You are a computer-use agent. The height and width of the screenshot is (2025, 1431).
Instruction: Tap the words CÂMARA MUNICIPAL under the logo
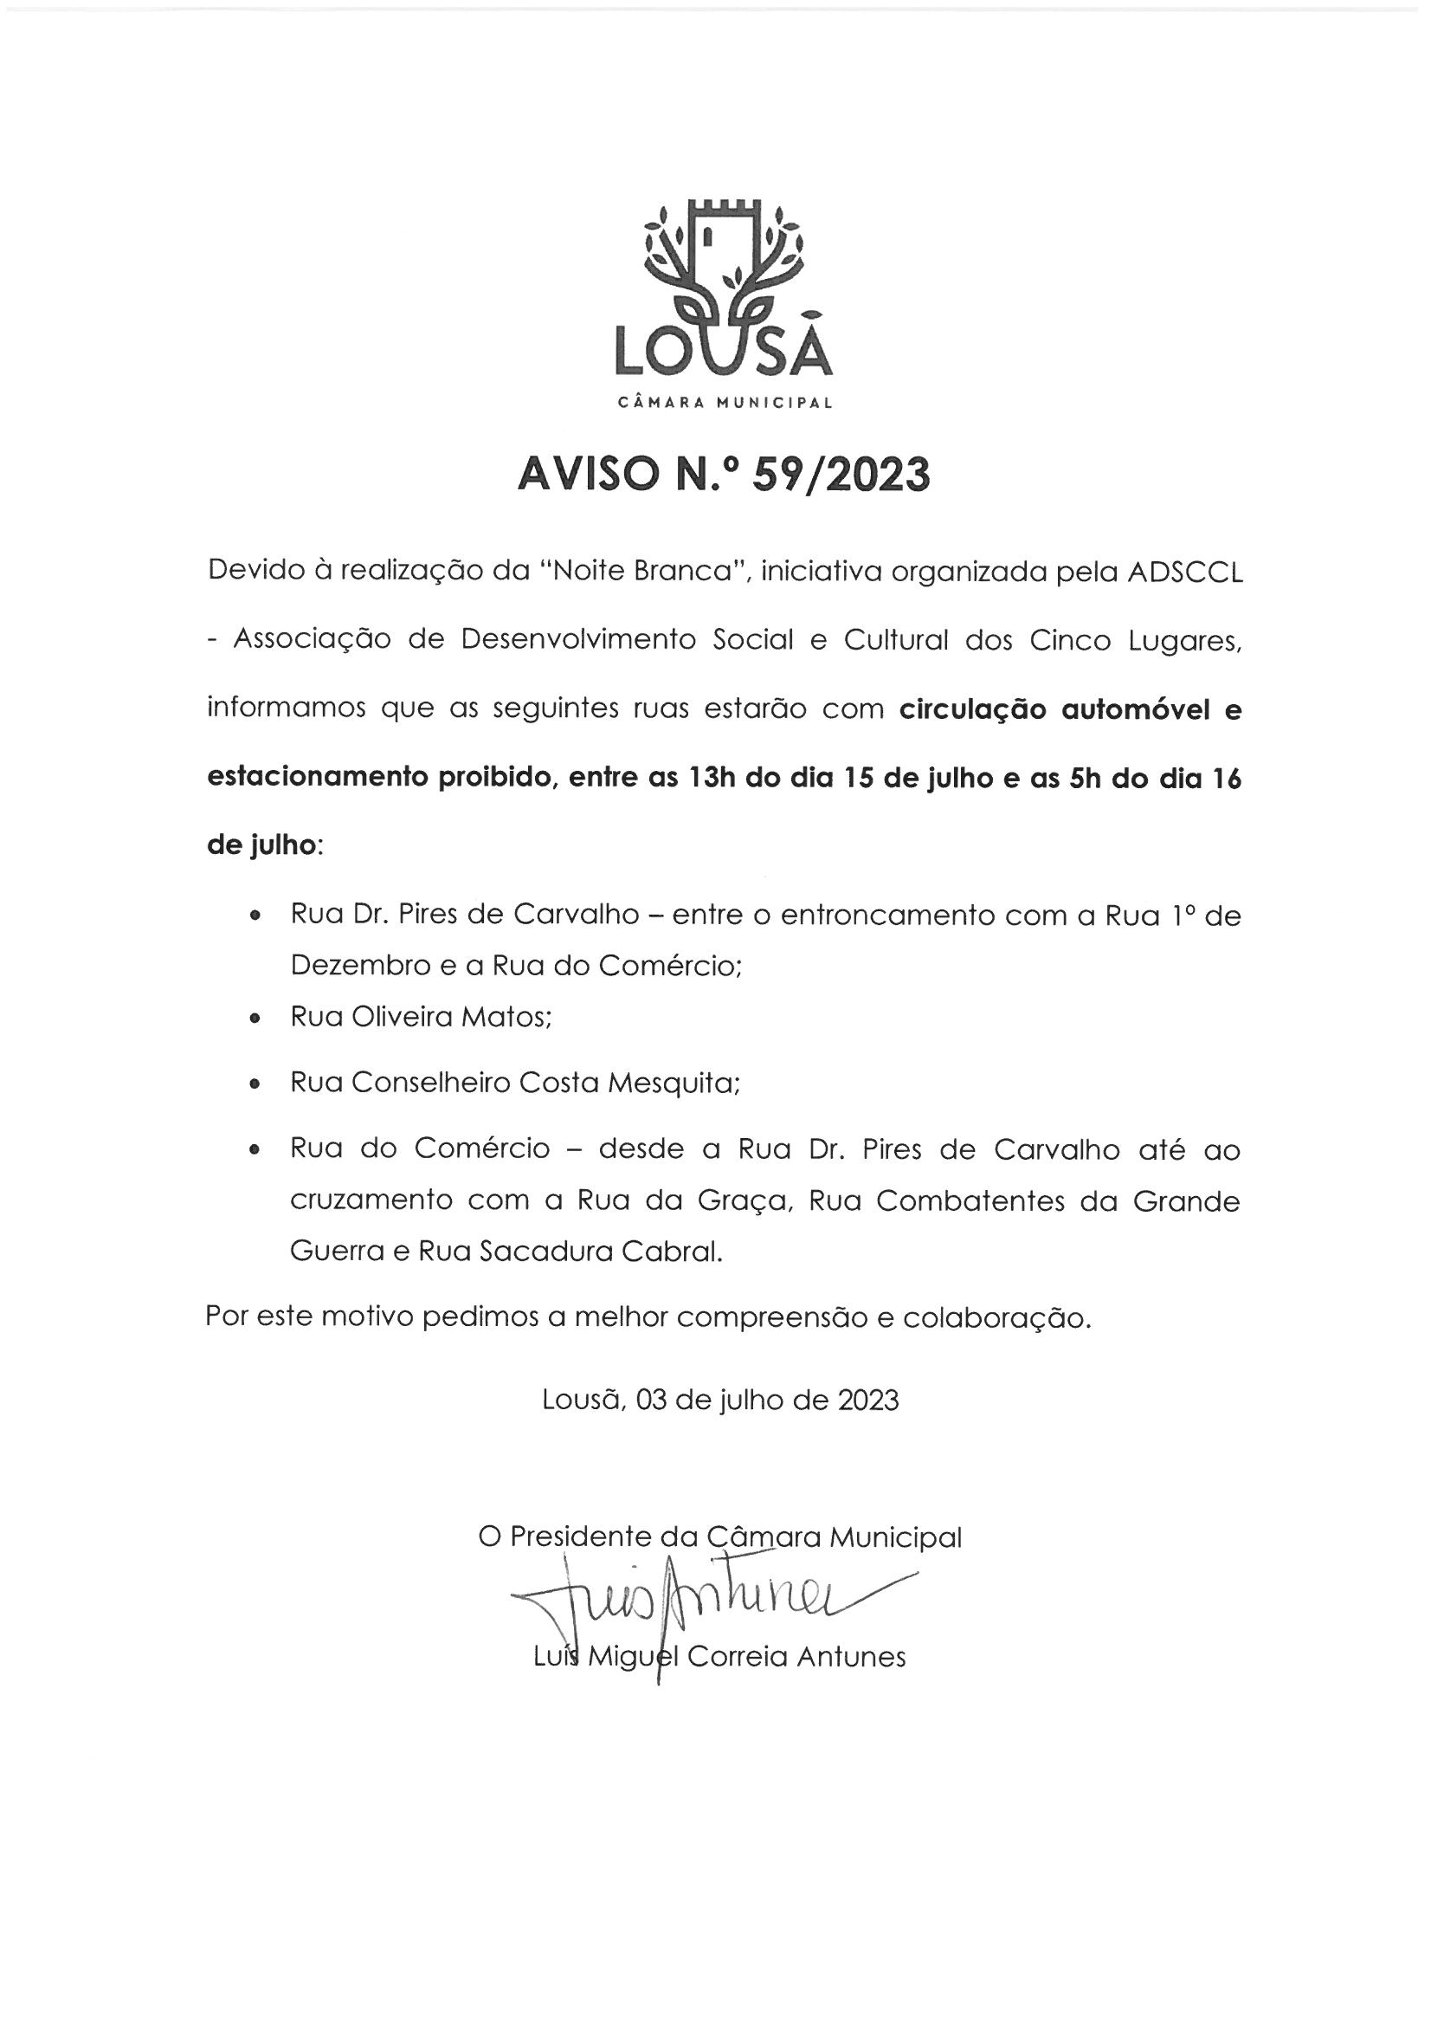pyautogui.click(x=725, y=404)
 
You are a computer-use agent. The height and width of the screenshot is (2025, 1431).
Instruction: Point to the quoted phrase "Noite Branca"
pyautogui.click(x=643, y=573)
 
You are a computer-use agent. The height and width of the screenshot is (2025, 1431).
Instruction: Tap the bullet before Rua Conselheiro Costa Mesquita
pyautogui.click(x=255, y=1084)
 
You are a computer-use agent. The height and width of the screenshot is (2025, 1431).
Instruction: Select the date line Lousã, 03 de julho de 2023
pyautogui.click(x=720, y=1401)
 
